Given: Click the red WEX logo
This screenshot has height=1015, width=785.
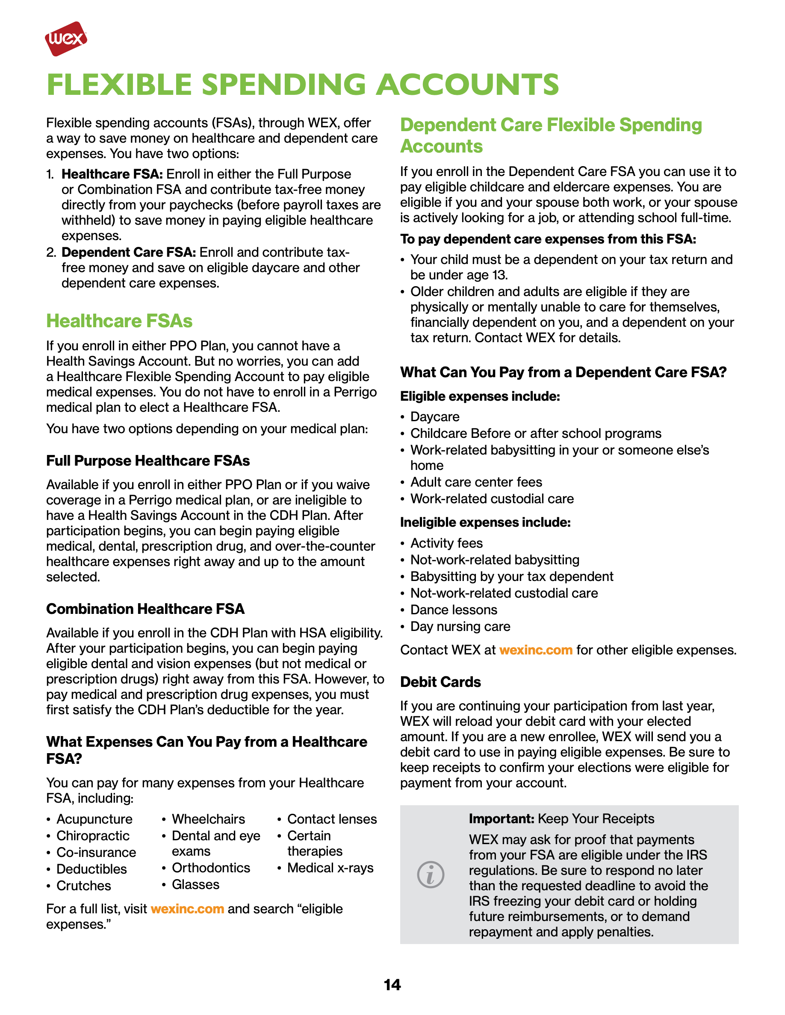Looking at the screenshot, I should (65, 38).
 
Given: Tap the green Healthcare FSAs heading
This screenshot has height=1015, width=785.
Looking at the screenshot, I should (119, 321).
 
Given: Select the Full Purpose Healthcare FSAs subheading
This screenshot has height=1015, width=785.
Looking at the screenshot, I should (148, 461).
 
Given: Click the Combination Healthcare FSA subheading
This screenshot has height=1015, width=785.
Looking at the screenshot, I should (145, 609).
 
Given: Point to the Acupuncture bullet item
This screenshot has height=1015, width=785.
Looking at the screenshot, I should (94, 819).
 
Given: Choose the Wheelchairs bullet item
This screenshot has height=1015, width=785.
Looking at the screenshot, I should (208, 819).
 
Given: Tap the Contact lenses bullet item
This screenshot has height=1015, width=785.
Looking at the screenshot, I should (332, 819).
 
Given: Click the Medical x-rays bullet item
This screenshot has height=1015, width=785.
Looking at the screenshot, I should (330, 868).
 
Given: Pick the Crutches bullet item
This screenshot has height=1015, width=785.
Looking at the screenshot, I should (84, 886).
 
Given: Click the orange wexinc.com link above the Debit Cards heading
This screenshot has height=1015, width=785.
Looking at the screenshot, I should (536, 650).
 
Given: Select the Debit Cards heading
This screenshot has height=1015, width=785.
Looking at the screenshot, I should (440, 682).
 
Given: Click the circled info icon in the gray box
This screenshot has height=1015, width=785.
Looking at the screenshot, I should (431, 874).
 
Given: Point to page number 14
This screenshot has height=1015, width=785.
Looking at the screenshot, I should (392, 985).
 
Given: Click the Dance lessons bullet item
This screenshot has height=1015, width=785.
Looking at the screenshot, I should (453, 610).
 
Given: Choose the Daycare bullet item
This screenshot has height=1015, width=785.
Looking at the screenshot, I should (435, 417).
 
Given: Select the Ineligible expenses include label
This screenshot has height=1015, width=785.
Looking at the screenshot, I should (485, 522).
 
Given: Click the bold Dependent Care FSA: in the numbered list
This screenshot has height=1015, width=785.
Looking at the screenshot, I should (128, 252).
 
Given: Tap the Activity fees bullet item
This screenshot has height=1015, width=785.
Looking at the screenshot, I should (446, 543).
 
